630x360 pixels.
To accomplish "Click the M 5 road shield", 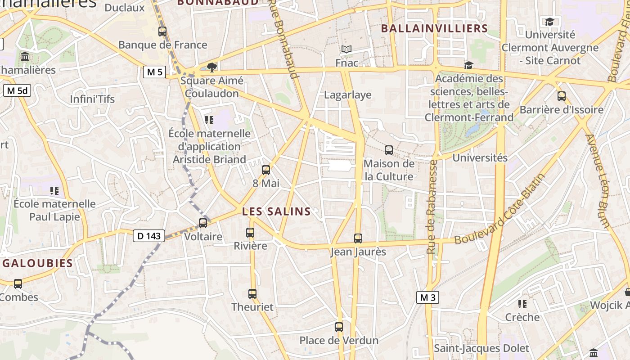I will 154,72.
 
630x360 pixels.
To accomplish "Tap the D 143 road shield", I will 149,235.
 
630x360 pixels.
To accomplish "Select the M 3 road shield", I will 427,297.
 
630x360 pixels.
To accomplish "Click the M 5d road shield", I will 17,90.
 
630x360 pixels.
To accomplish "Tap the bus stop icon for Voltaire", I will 203,223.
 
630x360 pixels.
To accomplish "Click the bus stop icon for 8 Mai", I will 266,170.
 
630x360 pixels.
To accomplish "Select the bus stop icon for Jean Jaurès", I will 358,238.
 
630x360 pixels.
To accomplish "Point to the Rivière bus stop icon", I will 250,233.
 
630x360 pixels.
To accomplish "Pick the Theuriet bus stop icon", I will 252,294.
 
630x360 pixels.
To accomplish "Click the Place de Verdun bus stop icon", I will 339,327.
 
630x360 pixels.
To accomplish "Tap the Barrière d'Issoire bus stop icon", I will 562,96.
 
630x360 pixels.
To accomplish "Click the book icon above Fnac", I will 346,49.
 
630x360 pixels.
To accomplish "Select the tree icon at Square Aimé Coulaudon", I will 211,67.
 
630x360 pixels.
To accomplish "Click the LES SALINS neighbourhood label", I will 276,211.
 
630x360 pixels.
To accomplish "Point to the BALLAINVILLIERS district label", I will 434,28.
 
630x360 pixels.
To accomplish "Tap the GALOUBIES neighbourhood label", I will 38,263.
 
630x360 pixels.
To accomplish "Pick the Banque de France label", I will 163,45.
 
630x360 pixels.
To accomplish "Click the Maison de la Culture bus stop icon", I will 389,150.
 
